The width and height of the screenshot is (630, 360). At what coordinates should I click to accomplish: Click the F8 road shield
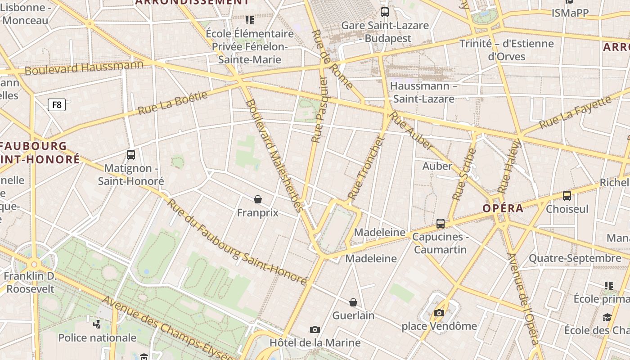coord(57,105)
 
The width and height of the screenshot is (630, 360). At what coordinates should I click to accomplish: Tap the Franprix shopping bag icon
coord(258,199)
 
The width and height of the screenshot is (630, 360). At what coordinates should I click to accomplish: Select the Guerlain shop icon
coord(353,302)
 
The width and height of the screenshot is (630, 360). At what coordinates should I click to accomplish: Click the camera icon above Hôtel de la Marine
coord(315,329)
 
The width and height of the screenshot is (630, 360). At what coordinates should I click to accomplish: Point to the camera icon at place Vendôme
coord(439,313)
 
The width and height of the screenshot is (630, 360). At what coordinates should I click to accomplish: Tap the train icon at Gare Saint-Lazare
coord(384,12)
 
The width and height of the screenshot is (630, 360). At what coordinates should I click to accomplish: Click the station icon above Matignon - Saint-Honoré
coord(131,155)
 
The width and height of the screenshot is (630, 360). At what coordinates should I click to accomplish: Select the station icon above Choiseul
coord(567,196)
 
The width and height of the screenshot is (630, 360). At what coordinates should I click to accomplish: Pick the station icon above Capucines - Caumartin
coord(441,223)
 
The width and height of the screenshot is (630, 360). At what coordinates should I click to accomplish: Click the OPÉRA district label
coord(503,208)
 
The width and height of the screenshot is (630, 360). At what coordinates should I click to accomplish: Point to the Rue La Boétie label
coord(173,103)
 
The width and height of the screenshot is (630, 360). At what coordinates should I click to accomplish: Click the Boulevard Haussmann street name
coord(84,67)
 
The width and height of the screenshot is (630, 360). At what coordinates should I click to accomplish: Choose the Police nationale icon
coord(97,324)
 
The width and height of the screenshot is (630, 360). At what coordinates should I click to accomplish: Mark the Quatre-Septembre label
coord(575,258)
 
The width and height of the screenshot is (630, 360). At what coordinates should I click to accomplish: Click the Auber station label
coord(437,166)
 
